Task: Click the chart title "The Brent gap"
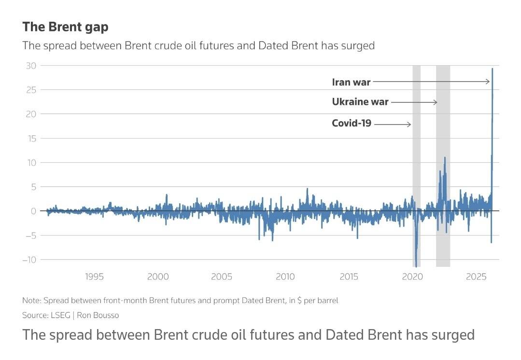pos(65,27)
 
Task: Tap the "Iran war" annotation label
pos(351,82)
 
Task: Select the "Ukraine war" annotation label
pos(360,102)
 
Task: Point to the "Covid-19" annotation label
pos(352,123)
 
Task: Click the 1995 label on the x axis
pos(94,277)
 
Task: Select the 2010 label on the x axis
pos(285,277)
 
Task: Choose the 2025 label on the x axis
pos(476,277)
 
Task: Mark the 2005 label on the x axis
pos(222,277)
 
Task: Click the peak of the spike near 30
pos(493,69)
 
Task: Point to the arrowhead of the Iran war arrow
pos(489,82)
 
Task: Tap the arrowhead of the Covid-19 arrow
pos(409,125)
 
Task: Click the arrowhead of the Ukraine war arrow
pos(436,102)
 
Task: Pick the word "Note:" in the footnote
pos(31,300)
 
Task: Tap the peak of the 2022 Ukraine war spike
pos(445,157)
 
